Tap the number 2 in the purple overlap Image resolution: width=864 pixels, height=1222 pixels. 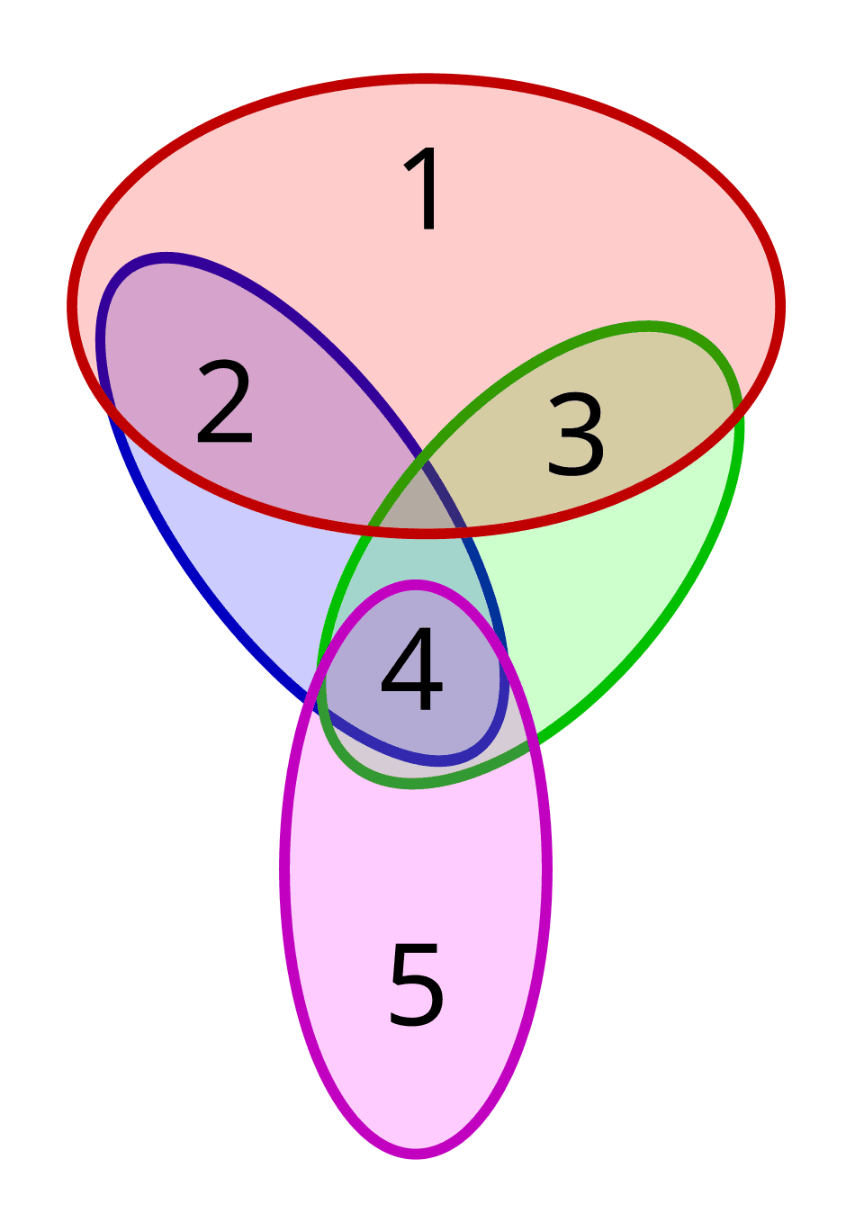point(224,402)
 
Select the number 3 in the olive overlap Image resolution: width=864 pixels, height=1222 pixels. point(576,435)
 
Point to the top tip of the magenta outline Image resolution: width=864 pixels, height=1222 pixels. point(416,585)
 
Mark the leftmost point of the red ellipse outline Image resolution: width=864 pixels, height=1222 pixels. point(72,306)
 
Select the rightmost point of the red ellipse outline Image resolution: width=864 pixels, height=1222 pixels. point(781,306)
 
